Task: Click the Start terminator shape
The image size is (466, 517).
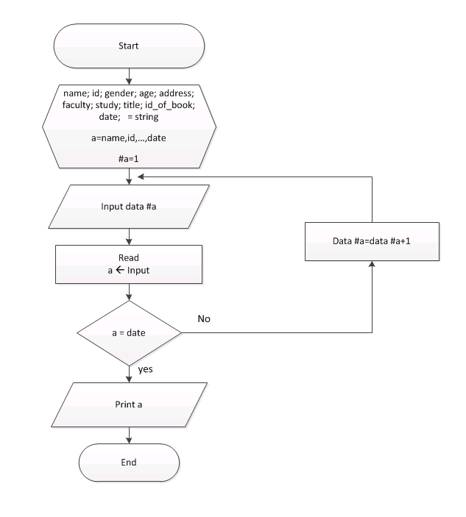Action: pos(129,46)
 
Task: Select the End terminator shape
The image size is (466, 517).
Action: pos(129,463)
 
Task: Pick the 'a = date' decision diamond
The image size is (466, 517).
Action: pos(129,332)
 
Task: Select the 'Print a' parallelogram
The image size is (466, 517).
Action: pos(129,404)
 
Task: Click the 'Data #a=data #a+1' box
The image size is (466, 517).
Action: pos(371,240)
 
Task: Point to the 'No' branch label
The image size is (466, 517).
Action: pos(205,320)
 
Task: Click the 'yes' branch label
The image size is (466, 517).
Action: pos(146,370)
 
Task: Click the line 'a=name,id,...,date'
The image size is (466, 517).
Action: pos(129,138)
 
